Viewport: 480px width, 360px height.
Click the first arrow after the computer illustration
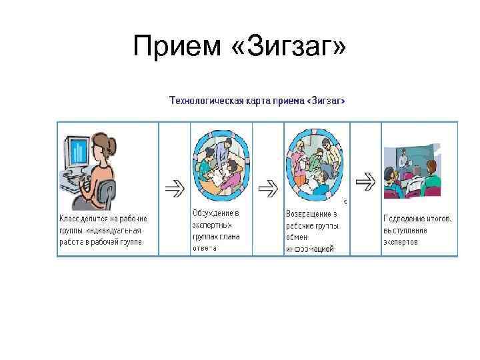coord(175,189)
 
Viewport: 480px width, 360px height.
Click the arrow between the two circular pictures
coord(268,189)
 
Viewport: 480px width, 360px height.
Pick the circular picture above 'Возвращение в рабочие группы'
coord(314,165)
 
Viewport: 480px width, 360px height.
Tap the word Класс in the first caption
coord(69,218)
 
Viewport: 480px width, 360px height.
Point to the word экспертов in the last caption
coord(401,242)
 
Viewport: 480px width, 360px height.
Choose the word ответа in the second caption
coord(205,248)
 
